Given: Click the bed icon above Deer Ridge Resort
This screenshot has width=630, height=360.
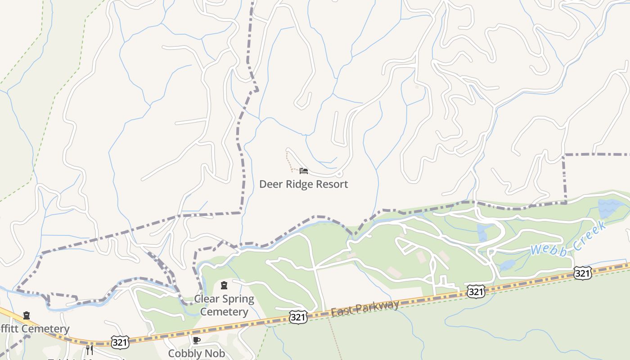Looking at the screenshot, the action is point(304,171).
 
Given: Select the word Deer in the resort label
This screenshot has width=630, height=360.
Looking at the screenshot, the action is point(270,184).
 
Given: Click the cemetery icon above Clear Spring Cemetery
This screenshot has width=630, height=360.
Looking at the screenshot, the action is point(224,285).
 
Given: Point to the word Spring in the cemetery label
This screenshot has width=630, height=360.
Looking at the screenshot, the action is point(237,299).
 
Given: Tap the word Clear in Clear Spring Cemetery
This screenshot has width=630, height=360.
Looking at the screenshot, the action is point(206,299).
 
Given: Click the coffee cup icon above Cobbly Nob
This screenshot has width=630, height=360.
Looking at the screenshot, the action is point(196,340).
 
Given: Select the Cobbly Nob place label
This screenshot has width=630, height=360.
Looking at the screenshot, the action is point(196,353).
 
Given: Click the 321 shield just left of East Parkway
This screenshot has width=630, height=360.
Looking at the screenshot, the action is point(298,317).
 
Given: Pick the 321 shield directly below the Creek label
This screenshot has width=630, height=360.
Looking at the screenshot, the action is point(582,273).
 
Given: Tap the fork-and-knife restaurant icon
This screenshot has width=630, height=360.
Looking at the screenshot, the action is point(90,350).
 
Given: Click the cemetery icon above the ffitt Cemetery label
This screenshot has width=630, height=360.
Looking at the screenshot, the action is point(27,315).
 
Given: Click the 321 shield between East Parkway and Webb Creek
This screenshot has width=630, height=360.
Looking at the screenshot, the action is point(476,292).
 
